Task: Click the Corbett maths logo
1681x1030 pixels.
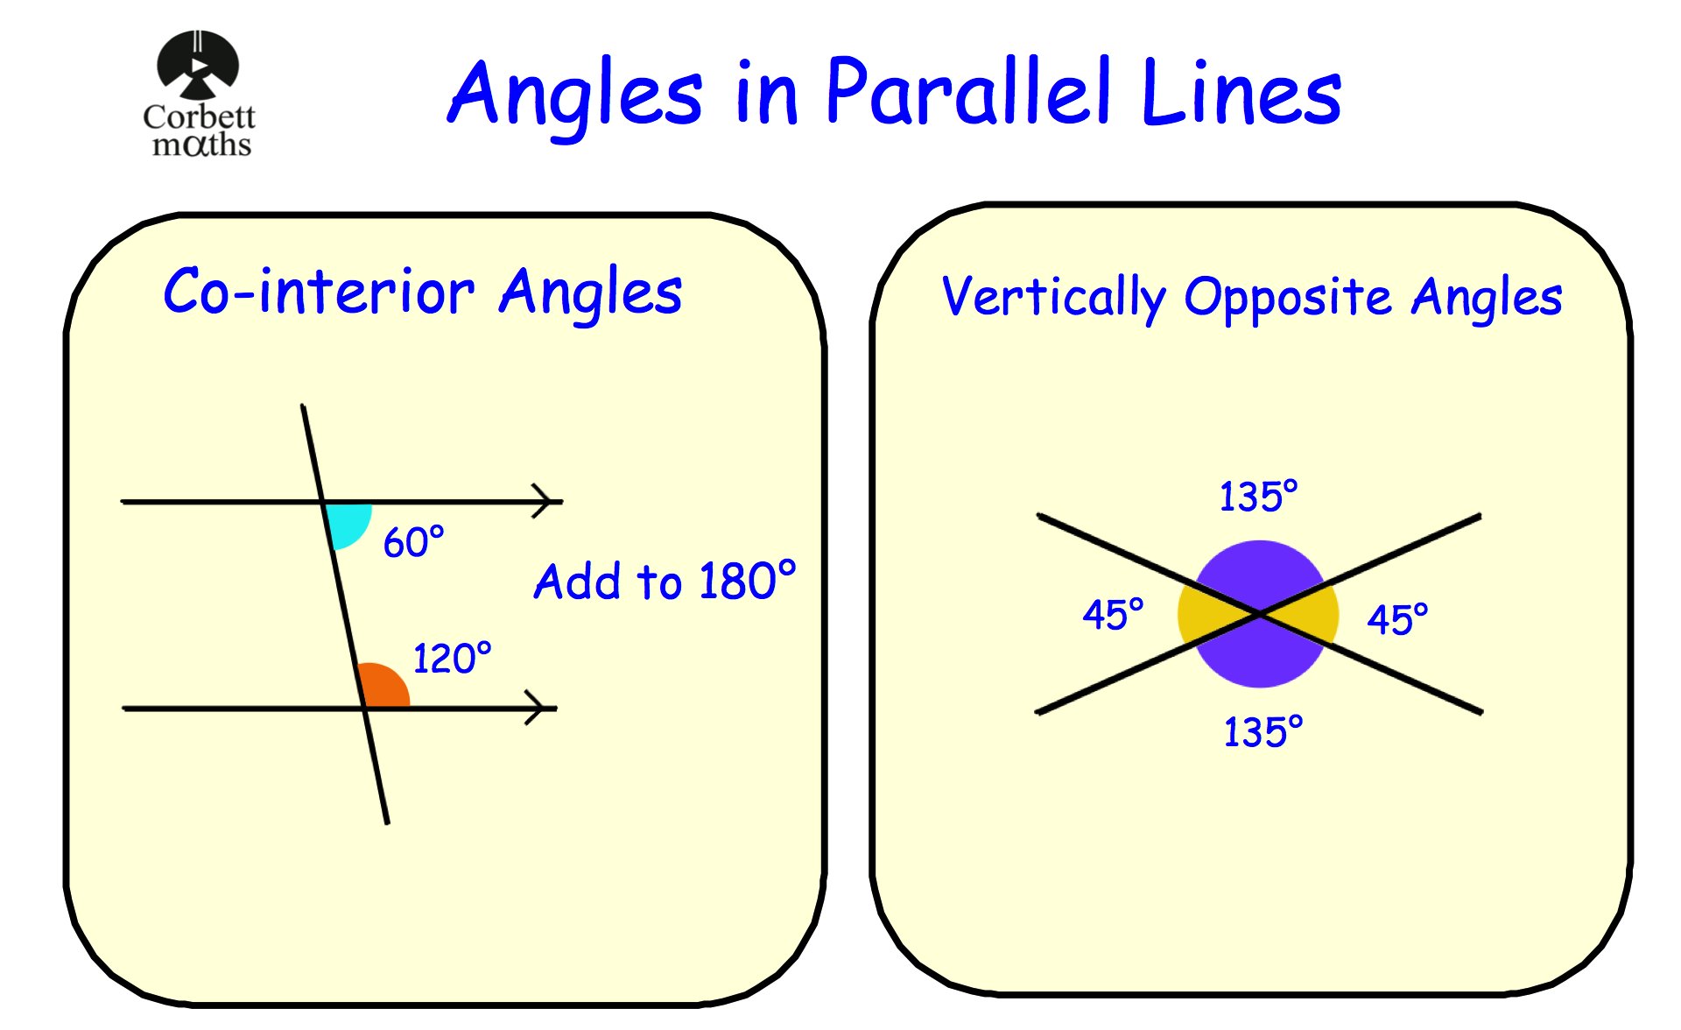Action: pyautogui.click(x=199, y=95)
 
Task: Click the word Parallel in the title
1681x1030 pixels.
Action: pyautogui.click(x=968, y=92)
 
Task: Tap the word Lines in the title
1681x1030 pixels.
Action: pyautogui.click(x=1241, y=92)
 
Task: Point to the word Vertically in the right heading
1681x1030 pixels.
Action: pyautogui.click(x=1052, y=298)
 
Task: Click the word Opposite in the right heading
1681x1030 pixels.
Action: pyautogui.click(x=1287, y=298)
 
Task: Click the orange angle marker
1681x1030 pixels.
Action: pyautogui.click(x=383, y=687)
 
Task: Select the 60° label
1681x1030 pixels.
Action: pyautogui.click(x=413, y=542)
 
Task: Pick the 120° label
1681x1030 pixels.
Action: pyautogui.click(x=452, y=658)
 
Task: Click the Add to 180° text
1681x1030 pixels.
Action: pyautogui.click(x=665, y=581)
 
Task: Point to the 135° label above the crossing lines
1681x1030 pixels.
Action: pyautogui.click(x=1258, y=496)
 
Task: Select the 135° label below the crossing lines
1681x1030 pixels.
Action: pyautogui.click(x=1263, y=731)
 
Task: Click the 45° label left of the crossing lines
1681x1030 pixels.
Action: pyautogui.click(x=1113, y=614)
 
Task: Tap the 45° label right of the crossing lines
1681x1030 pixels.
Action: pyautogui.click(x=1397, y=619)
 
